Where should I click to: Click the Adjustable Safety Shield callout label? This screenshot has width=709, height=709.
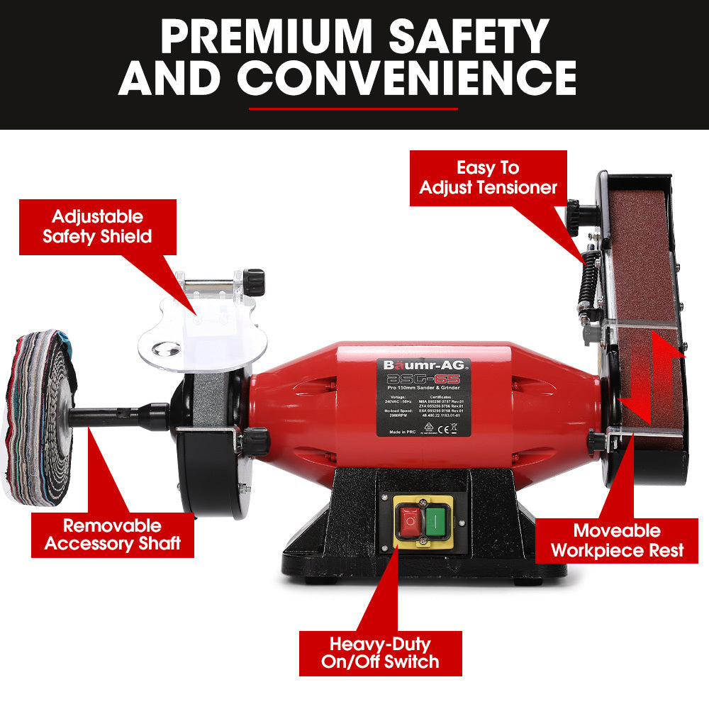[x=97, y=226]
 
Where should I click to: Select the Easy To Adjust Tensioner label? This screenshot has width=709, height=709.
[x=488, y=178]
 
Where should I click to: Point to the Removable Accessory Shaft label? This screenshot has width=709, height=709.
[x=113, y=535]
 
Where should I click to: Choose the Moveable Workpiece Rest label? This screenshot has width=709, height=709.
[x=617, y=540]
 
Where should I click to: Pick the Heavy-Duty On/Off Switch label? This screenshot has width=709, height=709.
[x=380, y=652]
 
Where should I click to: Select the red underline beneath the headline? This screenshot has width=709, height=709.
[x=354, y=108]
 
